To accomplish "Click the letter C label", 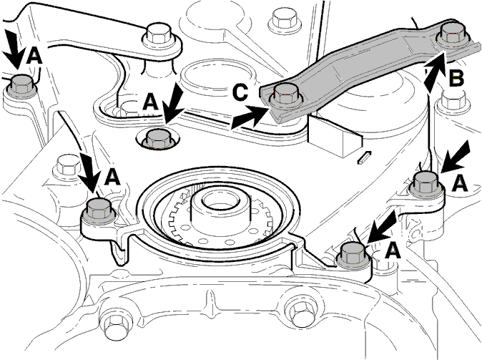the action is (x=240, y=92).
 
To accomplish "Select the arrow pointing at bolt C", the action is (x=250, y=117).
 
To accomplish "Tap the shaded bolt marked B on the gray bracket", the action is (x=452, y=34).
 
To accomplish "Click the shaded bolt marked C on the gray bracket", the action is (x=285, y=94).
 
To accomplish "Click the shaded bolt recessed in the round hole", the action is (x=159, y=139).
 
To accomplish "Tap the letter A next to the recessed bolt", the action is (x=150, y=102).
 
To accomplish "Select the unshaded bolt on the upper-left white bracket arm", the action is (x=159, y=34).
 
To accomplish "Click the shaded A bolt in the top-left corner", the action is (x=21, y=85).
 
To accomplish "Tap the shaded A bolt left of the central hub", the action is (x=99, y=210).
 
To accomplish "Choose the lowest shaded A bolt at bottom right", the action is (x=353, y=253).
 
